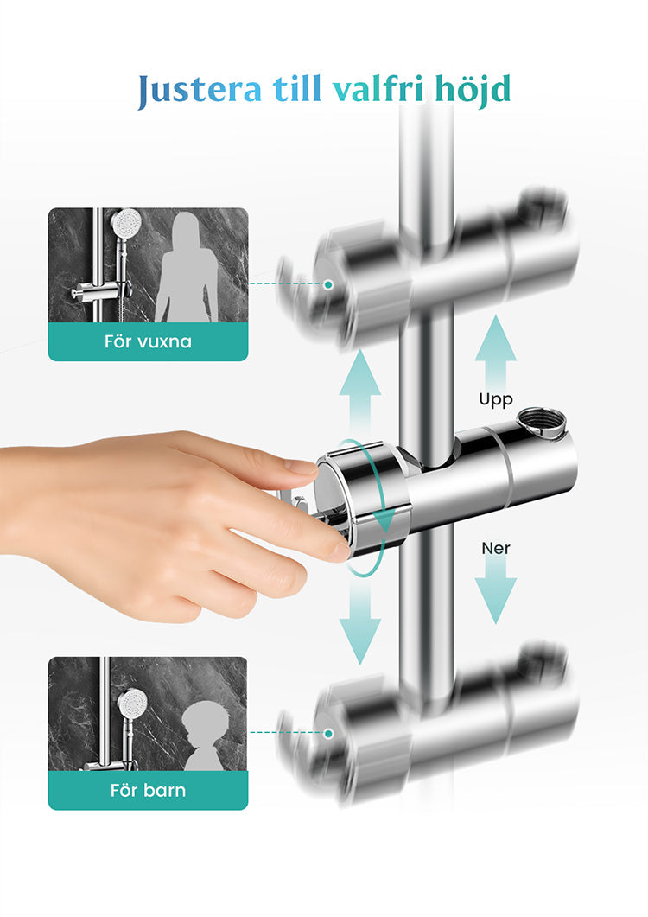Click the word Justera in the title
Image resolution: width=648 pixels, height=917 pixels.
click(x=200, y=90)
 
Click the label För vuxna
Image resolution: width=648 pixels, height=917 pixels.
click(x=148, y=341)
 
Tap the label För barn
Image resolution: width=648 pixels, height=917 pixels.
click(x=148, y=791)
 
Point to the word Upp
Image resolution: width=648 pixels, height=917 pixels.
click(x=496, y=400)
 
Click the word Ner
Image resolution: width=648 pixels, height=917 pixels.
click(x=496, y=549)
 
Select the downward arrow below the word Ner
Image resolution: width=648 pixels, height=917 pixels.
click(x=495, y=590)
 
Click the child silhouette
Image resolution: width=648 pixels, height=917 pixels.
click(x=203, y=738)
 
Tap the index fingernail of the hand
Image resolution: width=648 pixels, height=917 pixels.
click(x=302, y=467)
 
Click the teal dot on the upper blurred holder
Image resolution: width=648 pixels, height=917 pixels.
click(x=328, y=284)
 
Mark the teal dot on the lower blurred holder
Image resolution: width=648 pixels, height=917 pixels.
click(x=328, y=733)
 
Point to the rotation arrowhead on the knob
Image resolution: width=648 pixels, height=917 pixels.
click(x=384, y=520)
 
